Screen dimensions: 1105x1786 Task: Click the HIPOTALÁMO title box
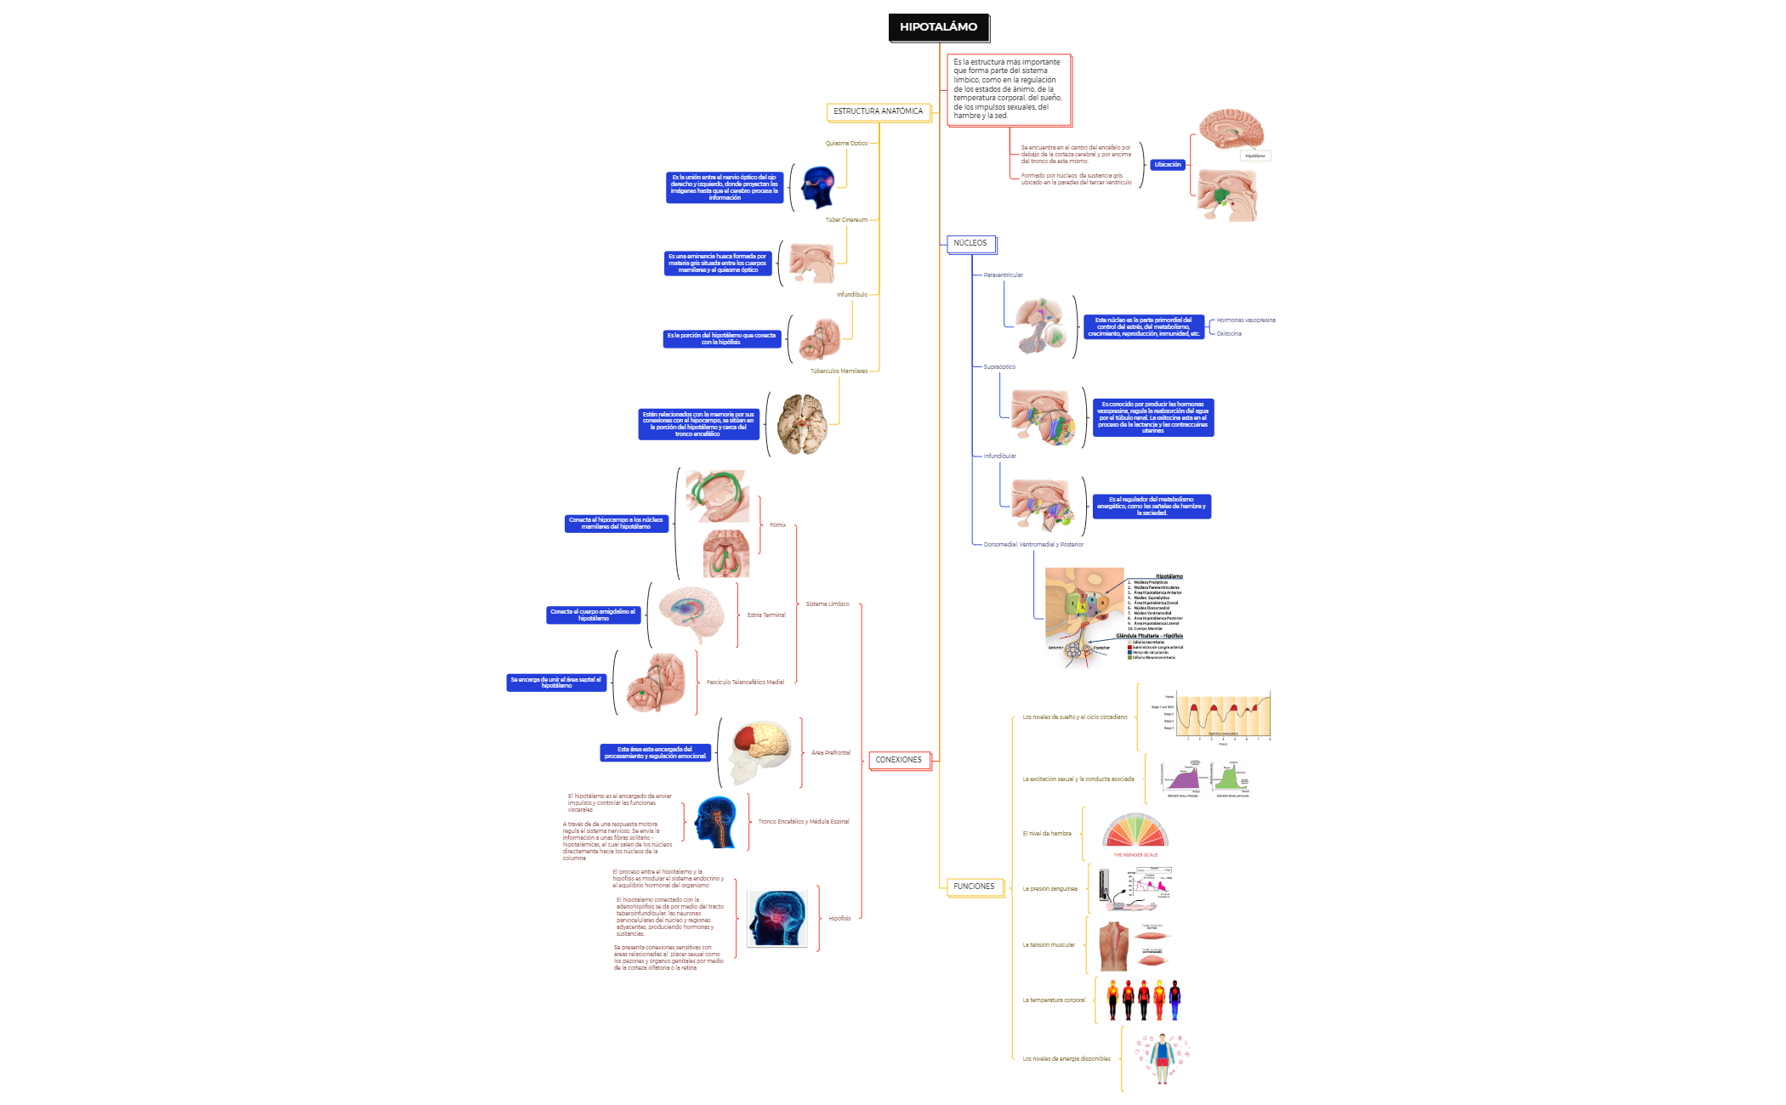click(x=938, y=27)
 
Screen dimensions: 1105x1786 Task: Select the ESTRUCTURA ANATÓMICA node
click(x=878, y=111)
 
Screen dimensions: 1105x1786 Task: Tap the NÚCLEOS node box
click(x=970, y=244)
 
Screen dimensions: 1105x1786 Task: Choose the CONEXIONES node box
click(x=898, y=760)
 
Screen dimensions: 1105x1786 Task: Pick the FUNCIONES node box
click(x=973, y=887)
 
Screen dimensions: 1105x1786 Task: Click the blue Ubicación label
click(x=1168, y=165)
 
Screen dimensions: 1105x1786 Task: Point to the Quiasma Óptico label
click(x=846, y=144)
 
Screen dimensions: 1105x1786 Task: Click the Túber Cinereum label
click(x=846, y=220)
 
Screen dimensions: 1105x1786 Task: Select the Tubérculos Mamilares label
click(x=839, y=371)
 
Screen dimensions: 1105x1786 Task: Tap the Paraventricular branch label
click(x=1003, y=275)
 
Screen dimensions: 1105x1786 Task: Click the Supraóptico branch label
click(x=999, y=367)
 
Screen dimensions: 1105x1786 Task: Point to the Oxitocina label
click(x=1229, y=334)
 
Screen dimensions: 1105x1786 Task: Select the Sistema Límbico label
click(x=828, y=604)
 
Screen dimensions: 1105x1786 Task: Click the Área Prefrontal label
click(x=830, y=753)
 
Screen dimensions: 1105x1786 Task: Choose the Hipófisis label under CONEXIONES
click(x=839, y=919)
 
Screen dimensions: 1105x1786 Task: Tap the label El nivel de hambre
click(x=1047, y=834)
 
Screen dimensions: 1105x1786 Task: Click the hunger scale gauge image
click(x=1135, y=835)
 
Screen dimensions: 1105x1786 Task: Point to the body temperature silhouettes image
click(x=1144, y=1000)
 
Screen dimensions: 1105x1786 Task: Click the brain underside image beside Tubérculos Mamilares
click(x=801, y=424)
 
